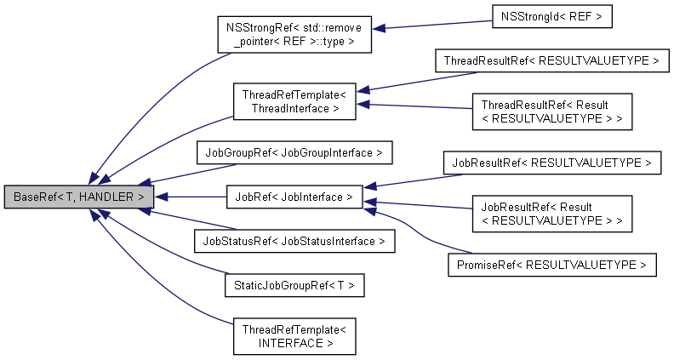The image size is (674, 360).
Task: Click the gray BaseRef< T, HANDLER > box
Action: point(79,197)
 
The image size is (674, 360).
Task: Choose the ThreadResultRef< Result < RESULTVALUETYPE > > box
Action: point(551,111)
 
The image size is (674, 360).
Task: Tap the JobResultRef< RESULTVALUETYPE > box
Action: point(551,162)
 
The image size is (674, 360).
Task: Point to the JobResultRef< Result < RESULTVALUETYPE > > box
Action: point(551,213)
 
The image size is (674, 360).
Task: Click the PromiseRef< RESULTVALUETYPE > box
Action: point(551,265)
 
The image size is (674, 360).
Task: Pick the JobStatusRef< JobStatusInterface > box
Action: point(294,241)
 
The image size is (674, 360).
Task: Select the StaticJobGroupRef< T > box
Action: point(294,285)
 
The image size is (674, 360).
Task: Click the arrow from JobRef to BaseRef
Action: point(189,197)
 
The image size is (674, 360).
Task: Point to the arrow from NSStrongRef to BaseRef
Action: point(145,111)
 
